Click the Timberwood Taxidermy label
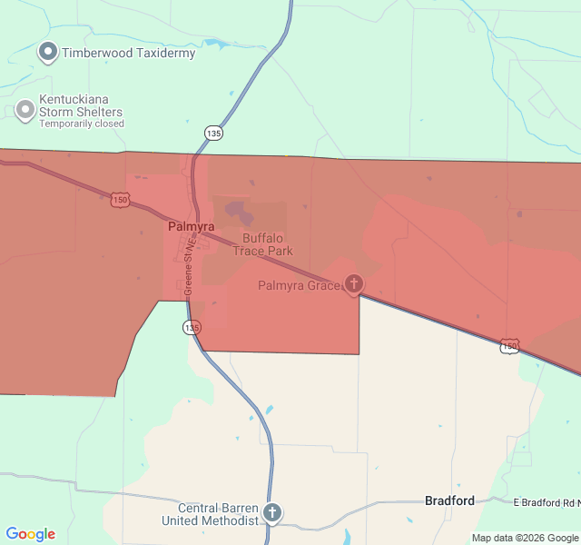(x=128, y=53)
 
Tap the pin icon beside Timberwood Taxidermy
(x=48, y=52)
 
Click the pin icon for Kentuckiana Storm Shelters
(x=25, y=110)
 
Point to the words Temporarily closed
(x=82, y=124)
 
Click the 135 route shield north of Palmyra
(x=213, y=134)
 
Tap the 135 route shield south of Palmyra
(x=192, y=327)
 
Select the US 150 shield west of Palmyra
(x=119, y=199)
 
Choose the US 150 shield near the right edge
(x=509, y=346)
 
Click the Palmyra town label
(x=191, y=225)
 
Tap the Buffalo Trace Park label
(x=262, y=244)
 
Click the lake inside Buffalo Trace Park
(x=240, y=213)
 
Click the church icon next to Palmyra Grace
(x=353, y=284)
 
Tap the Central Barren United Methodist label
(x=210, y=514)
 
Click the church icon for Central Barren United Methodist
(x=271, y=513)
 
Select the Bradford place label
(x=449, y=500)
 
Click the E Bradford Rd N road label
(x=546, y=501)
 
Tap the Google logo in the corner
(x=31, y=534)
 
